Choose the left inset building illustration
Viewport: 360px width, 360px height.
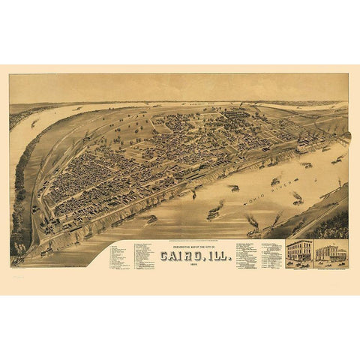299,251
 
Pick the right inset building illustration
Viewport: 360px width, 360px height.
331,252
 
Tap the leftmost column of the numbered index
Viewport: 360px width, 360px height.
117,256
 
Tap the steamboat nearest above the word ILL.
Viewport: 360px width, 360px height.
213,214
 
